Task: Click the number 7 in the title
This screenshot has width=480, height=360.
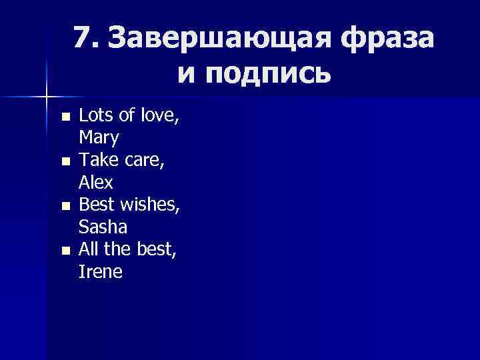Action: (82, 39)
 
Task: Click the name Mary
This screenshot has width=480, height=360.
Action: (99, 138)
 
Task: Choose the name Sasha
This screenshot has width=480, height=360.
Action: (103, 227)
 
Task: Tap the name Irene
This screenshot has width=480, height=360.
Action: (101, 272)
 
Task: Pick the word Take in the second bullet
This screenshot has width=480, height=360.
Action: (96, 161)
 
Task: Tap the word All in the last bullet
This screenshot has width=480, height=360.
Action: (88, 250)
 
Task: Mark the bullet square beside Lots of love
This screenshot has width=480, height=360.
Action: (64, 117)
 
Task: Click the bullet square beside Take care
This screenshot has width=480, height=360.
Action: (64, 162)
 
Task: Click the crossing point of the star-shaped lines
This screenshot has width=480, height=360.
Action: (47, 97)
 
